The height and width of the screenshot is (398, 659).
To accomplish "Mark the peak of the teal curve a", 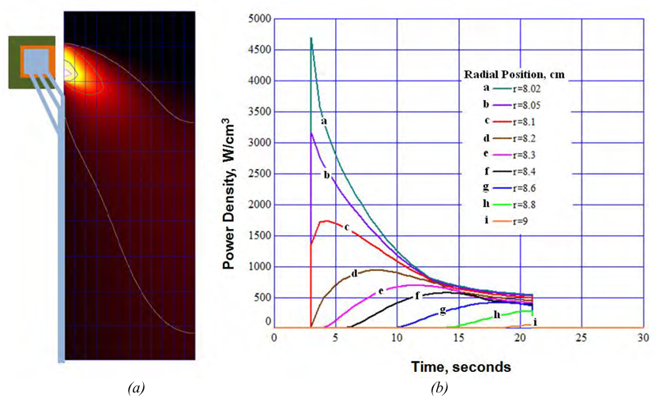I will (311, 38).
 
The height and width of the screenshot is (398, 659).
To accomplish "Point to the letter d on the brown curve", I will (355, 272).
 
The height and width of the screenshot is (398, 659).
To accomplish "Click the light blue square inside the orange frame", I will (33, 60).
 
